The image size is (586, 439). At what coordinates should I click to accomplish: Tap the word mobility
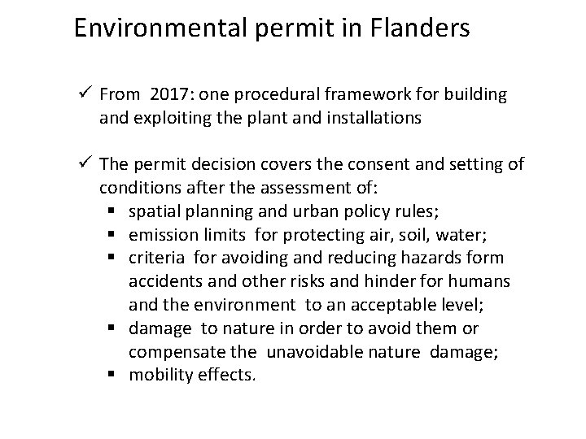coord(157,376)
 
